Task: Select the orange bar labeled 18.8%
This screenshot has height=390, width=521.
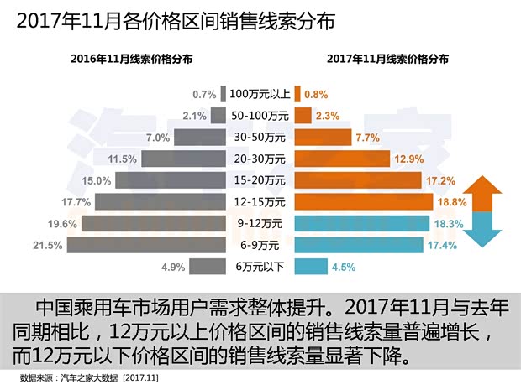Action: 362,201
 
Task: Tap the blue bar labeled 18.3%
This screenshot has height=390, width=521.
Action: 360,223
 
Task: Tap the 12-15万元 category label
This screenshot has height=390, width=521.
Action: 258,201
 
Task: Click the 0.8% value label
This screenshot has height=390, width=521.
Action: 316,94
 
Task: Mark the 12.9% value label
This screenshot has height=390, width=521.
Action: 407,159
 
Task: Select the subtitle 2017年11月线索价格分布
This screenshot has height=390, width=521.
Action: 387,60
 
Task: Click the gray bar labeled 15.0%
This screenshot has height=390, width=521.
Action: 169,180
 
